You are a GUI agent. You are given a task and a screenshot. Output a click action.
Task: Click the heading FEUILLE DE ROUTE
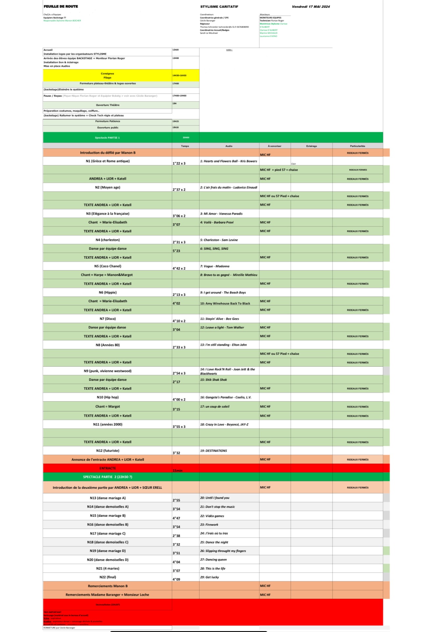tap(61, 7)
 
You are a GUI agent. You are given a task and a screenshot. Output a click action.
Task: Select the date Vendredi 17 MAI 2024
tap(311, 7)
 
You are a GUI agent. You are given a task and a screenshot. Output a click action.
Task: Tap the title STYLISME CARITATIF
tap(219, 7)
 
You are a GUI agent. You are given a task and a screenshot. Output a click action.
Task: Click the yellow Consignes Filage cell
tap(107, 76)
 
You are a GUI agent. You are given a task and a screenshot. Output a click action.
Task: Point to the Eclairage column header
tap(311, 146)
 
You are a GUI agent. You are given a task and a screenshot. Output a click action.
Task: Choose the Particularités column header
tap(357, 146)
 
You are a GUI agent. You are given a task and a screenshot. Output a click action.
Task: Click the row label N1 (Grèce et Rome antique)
tap(108, 161)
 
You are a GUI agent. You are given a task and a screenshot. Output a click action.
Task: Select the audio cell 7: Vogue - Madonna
tap(214, 266)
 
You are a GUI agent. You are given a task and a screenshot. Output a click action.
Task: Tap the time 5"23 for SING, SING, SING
tap(176, 251)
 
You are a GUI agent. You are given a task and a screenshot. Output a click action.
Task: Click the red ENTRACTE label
tap(108, 468)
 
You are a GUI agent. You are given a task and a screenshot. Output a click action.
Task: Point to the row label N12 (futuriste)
tap(108, 451)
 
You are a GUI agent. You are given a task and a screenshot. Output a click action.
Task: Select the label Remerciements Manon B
tap(108, 586)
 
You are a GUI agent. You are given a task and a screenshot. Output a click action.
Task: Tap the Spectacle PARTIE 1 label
tap(107, 138)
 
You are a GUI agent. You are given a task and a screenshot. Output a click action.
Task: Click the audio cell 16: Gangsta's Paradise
tap(226, 397)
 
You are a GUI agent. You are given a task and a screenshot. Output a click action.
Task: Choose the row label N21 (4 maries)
tap(108, 568)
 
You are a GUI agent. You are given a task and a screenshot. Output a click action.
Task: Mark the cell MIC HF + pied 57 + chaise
tap(279, 170)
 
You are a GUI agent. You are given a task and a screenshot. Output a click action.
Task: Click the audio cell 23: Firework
tap(209, 525)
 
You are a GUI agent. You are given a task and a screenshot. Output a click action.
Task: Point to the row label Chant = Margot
tap(108, 407)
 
